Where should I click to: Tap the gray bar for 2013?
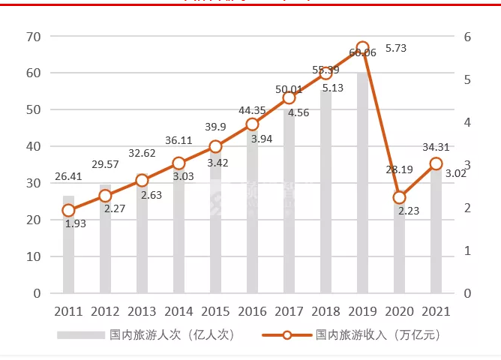[142, 240]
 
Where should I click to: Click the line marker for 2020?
[400, 197]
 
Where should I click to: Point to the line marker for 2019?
[363, 48]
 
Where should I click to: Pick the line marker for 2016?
[253, 124]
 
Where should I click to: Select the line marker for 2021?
[436, 163]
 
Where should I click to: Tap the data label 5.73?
[395, 48]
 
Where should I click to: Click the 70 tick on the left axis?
[32, 37]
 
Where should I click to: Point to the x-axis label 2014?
[178, 310]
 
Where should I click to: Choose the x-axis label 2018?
[325, 310]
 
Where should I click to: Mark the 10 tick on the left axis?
[32, 257]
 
